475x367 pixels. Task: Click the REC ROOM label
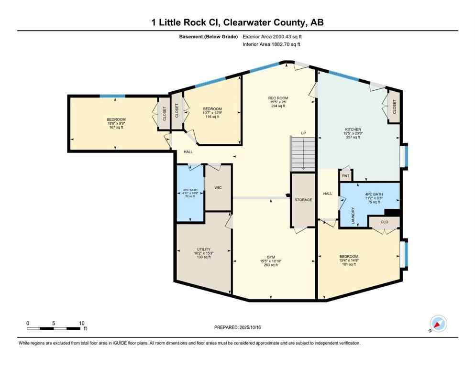(278, 98)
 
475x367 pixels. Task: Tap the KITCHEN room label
(353, 129)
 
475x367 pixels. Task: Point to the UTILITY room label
(203, 249)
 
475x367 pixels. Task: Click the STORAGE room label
(303, 200)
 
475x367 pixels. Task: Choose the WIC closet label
(218, 188)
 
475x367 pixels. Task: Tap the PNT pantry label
(345, 176)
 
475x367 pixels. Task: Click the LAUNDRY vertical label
(353, 216)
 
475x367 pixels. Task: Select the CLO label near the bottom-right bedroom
(384, 222)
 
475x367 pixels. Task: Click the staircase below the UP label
(303, 153)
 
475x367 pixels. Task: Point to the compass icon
(438, 324)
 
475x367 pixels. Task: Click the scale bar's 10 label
(81, 323)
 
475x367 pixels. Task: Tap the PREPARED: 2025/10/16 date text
(238, 327)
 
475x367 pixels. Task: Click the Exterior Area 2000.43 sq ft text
(273, 36)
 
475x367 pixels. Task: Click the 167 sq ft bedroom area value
(116, 127)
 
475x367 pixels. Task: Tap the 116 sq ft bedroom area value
(212, 117)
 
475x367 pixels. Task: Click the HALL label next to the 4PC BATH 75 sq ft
(328, 194)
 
